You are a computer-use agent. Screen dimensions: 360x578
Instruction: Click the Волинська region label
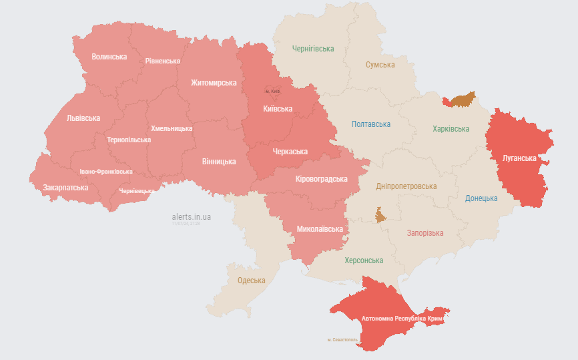pos(109,57)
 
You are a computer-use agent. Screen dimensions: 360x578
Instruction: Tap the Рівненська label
pos(163,61)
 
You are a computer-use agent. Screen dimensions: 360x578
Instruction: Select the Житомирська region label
pos(214,83)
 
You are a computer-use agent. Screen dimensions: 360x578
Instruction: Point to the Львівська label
pos(83,118)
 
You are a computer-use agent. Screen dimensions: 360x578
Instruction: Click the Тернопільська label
pos(129,140)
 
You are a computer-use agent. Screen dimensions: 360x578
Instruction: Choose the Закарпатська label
pos(65,188)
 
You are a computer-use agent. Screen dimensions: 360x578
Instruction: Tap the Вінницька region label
pos(219,162)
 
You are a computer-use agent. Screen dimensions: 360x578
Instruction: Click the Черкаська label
pos(290,152)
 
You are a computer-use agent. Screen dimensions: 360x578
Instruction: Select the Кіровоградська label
pos(322,179)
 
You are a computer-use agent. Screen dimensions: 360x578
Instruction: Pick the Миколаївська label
pos(320,229)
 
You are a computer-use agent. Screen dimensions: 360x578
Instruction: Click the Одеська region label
pos(252,281)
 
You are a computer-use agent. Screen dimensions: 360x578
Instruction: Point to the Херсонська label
pos(364,260)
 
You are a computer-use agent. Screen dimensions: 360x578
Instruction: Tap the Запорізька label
pos(425,233)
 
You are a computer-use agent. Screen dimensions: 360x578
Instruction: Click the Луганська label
pos(519,158)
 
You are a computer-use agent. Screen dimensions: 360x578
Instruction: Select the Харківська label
pos(451,129)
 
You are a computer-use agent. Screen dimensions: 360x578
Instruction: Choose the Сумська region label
pos(380,65)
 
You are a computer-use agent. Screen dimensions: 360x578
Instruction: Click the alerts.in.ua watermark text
pos(192,217)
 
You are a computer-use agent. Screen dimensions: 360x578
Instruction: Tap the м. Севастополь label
pos(342,340)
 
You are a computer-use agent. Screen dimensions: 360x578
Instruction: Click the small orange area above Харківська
pos(460,100)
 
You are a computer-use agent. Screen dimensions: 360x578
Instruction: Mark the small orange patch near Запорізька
pos(380,215)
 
